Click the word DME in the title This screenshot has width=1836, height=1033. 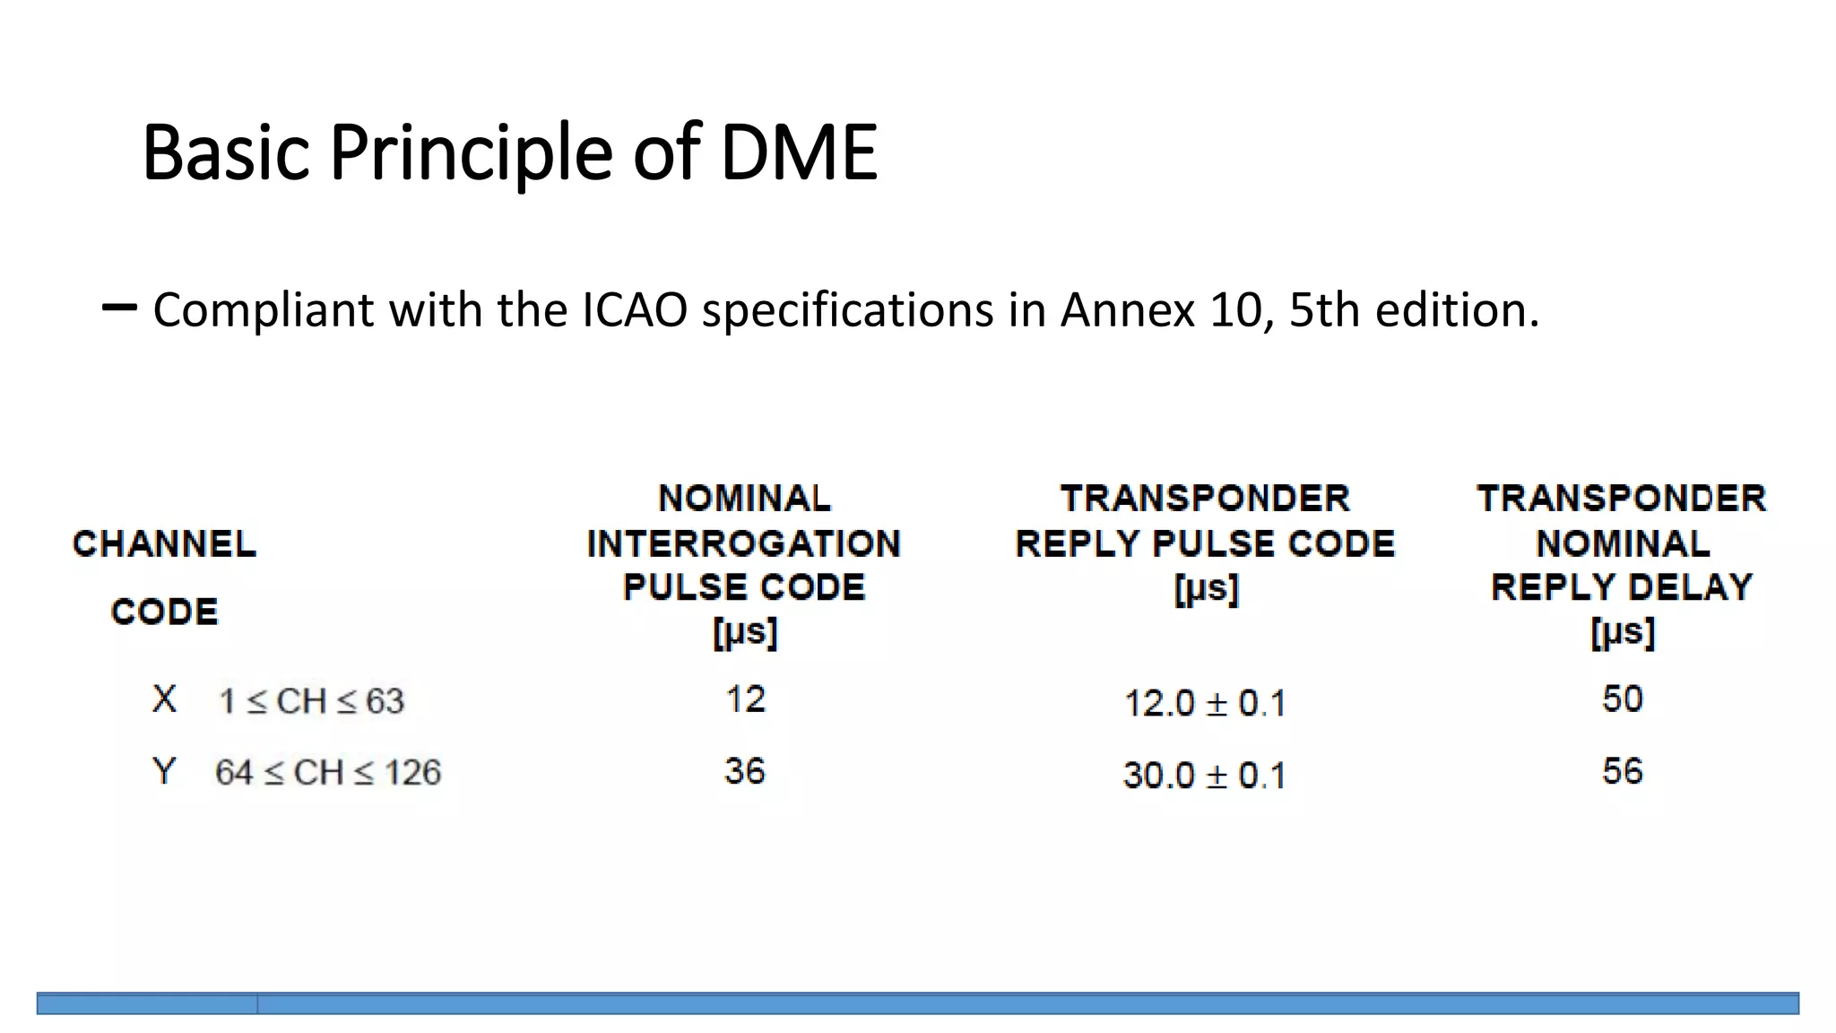click(x=798, y=152)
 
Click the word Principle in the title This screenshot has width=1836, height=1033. click(x=471, y=152)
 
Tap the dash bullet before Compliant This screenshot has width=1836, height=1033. click(x=119, y=308)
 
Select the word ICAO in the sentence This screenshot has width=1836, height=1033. click(x=635, y=310)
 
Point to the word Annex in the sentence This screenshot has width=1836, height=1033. click(x=1128, y=310)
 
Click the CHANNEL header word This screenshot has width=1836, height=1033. click(x=164, y=544)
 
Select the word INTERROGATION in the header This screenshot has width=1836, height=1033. click(x=743, y=544)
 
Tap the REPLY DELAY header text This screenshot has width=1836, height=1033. click(x=1621, y=587)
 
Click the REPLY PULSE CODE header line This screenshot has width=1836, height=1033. click(x=1205, y=544)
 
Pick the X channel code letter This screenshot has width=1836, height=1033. click(x=164, y=699)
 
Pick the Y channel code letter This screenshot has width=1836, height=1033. click(x=164, y=771)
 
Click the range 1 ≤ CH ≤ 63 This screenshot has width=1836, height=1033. click(x=311, y=701)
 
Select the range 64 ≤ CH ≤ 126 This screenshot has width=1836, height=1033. click(x=327, y=773)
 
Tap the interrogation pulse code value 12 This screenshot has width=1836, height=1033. click(x=745, y=699)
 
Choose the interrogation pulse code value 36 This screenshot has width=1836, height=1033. click(x=744, y=771)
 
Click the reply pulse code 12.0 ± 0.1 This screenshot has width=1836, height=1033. click(x=1204, y=703)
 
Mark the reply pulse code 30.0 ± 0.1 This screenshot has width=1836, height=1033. click(x=1204, y=775)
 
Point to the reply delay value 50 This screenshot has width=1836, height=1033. click(x=1622, y=699)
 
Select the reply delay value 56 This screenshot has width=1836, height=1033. click(x=1622, y=771)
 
